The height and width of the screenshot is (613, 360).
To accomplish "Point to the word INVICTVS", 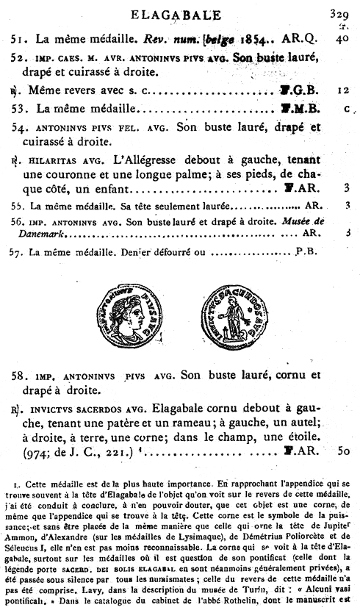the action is [60, 408].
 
